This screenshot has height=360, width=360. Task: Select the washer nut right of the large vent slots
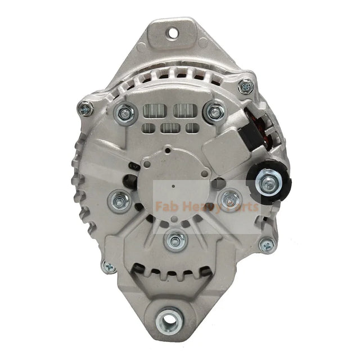[x=214, y=111]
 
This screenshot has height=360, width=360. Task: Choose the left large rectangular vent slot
[x=156, y=111]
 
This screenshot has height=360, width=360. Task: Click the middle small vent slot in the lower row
[x=169, y=128]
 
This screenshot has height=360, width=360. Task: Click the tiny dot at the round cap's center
[x=174, y=184]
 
